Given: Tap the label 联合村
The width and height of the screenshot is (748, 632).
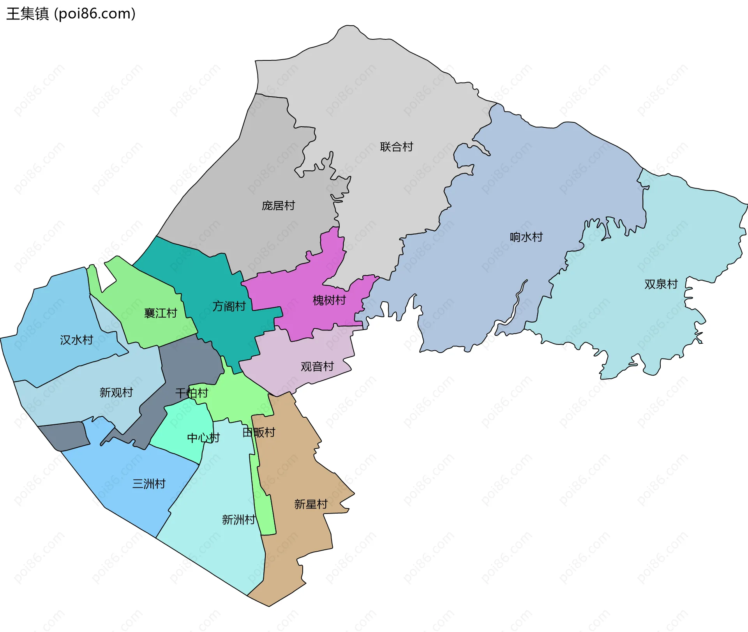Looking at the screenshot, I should (396, 147).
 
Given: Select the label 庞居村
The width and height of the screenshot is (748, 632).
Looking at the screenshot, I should (278, 206).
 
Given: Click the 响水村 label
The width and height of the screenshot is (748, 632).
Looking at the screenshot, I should (526, 237).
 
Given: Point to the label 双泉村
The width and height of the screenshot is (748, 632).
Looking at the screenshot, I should (661, 284).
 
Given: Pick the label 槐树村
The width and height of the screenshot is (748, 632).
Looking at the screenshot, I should (329, 300).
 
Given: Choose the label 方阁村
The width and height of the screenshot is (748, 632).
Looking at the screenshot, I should (229, 306).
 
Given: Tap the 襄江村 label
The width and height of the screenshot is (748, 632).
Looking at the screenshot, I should (161, 313).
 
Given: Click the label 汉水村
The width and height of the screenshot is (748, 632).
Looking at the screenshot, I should (76, 340).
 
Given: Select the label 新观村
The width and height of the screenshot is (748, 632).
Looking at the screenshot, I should (116, 392).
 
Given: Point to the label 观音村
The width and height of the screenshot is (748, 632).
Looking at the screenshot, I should (317, 366).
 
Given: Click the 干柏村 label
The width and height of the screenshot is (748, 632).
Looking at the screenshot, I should (192, 393).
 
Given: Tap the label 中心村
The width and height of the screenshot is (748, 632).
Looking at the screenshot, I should (203, 438).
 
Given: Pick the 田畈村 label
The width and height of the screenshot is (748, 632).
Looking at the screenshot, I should (259, 432).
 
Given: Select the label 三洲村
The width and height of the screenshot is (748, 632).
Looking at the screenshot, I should (149, 484).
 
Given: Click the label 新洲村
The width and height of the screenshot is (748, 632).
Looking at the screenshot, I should (238, 519).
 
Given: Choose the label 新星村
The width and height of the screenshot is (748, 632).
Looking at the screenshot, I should (311, 504).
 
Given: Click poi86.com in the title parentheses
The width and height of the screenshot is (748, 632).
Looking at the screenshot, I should (95, 14).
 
